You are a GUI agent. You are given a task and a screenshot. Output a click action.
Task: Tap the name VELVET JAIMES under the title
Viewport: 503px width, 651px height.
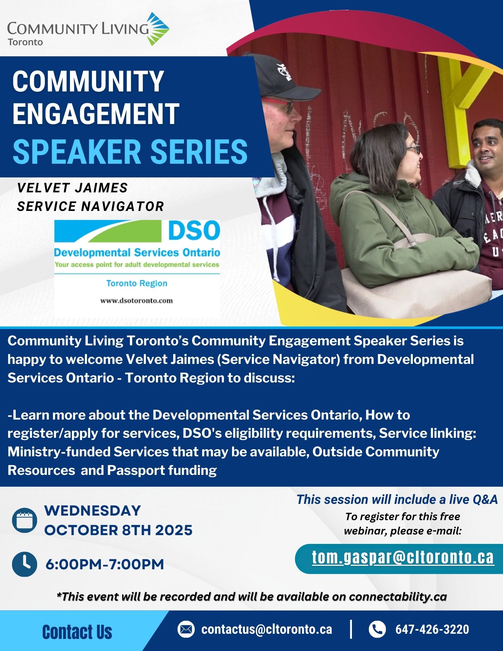pyautogui.click(x=72, y=188)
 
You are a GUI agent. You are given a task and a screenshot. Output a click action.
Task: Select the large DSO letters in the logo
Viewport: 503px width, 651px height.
pyautogui.click(x=194, y=231)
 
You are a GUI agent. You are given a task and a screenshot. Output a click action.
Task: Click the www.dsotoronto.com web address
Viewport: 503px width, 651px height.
pyautogui.click(x=136, y=300)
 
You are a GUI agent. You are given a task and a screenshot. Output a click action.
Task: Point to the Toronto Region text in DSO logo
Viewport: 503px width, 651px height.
pyautogui.click(x=137, y=283)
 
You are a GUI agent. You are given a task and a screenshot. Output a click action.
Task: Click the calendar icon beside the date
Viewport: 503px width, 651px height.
pyautogui.click(x=24, y=520)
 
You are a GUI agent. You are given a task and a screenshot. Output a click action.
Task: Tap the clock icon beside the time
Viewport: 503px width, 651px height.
pyautogui.click(x=24, y=564)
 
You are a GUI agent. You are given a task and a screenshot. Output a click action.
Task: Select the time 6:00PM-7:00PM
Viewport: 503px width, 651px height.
pyautogui.click(x=105, y=564)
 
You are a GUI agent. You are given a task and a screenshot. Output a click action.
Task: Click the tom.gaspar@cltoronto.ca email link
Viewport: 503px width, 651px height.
pyautogui.click(x=403, y=557)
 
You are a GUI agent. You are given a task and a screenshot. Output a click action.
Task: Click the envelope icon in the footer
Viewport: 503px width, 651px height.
pyautogui.click(x=186, y=629)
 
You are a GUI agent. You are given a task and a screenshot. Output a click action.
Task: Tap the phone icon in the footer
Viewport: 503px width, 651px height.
pyautogui.click(x=377, y=629)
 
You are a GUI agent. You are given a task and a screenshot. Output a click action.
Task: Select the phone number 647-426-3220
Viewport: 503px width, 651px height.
pyautogui.click(x=432, y=629)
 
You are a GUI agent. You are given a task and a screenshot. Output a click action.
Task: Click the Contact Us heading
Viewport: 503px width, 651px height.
pyautogui.click(x=77, y=632)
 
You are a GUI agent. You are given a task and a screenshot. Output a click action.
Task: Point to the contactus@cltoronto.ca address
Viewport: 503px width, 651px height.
pyautogui.click(x=267, y=629)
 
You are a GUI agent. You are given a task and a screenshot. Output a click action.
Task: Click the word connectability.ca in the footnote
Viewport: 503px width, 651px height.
pyautogui.click(x=398, y=597)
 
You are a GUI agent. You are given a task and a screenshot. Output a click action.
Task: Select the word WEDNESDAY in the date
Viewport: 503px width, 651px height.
pyautogui.click(x=92, y=510)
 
